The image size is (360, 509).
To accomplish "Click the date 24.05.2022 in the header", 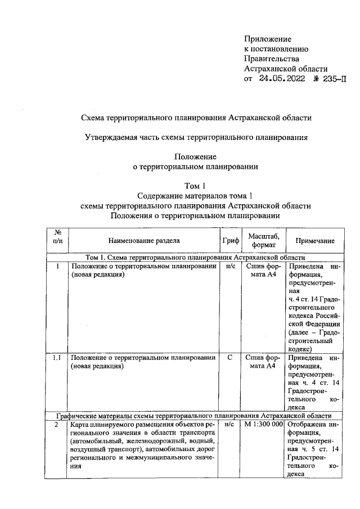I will coord(281,79).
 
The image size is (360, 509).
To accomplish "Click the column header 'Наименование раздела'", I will coord(145,241).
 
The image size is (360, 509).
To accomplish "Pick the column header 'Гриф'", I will coord(231,241).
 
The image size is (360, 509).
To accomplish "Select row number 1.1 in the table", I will coord(57,358).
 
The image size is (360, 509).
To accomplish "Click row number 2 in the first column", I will coord(57,425).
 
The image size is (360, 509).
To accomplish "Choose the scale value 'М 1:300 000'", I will coord(263,425).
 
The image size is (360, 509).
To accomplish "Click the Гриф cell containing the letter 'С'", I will coord(231,358).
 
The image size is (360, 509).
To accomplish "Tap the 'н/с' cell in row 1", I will coord(231,266).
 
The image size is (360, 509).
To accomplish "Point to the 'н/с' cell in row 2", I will coord(231,425).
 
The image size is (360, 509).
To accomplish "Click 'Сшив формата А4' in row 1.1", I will coord(263,362).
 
